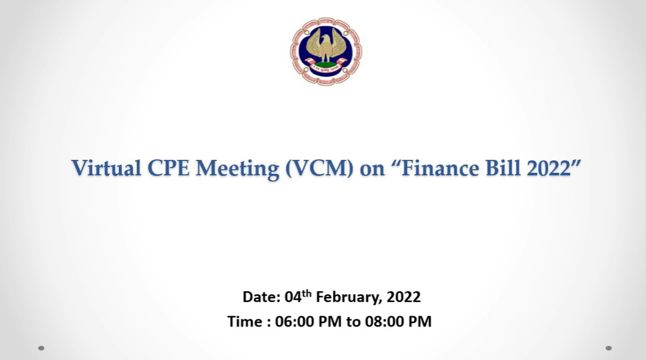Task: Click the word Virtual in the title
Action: tap(106, 168)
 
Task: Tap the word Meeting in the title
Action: tap(237, 169)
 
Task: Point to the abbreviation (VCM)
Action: tap(319, 169)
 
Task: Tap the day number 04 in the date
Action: tap(293, 297)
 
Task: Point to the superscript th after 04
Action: tap(307, 293)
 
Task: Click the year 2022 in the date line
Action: tap(404, 297)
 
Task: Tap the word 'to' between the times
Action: tap(354, 322)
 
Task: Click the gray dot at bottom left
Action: tap(41, 348)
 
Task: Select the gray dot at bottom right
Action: tap(608, 348)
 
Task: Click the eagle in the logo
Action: tap(326, 46)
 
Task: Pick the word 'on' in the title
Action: tap(372, 170)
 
